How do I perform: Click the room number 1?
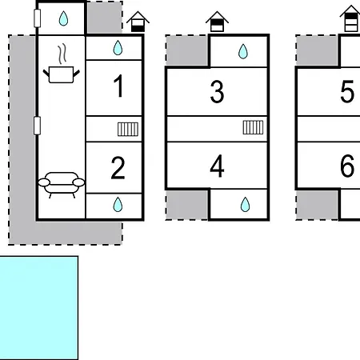pyautogui.click(x=119, y=86)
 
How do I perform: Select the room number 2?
pyautogui.click(x=118, y=168)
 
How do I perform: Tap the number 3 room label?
pyautogui.click(x=217, y=92)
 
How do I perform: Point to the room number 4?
pyautogui.click(x=217, y=166)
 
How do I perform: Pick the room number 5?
pyautogui.click(x=347, y=92)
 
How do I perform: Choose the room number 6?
pyautogui.click(x=347, y=166)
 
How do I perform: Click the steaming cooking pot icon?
pyautogui.click(x=62, y=64)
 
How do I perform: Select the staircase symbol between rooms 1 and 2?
pyautogui.click(x=128, y=129)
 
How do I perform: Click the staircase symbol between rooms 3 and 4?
pyautogui.click(x=253, y=127)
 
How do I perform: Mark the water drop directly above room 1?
pyautogui.click(x=118, y=48)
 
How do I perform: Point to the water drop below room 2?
pyautogui.click(x=118, y=205)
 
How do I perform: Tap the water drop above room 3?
pyautogui.click(x=243, y=51)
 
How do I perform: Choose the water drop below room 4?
pyautogui.click(x=245, y=205)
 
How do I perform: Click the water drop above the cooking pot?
pyautogui.click(x=63, y=18)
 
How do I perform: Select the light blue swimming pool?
pyautogui.click(x=39, y=308)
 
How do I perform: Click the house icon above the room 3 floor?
pyautogui.click(x=217, y=22)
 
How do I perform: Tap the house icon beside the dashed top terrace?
pyautogui.click(x=138, y=22)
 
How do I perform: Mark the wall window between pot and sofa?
pyautogui.click(x=37, y=126)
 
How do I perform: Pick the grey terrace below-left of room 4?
pyautogui.click(x=187, y=205)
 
